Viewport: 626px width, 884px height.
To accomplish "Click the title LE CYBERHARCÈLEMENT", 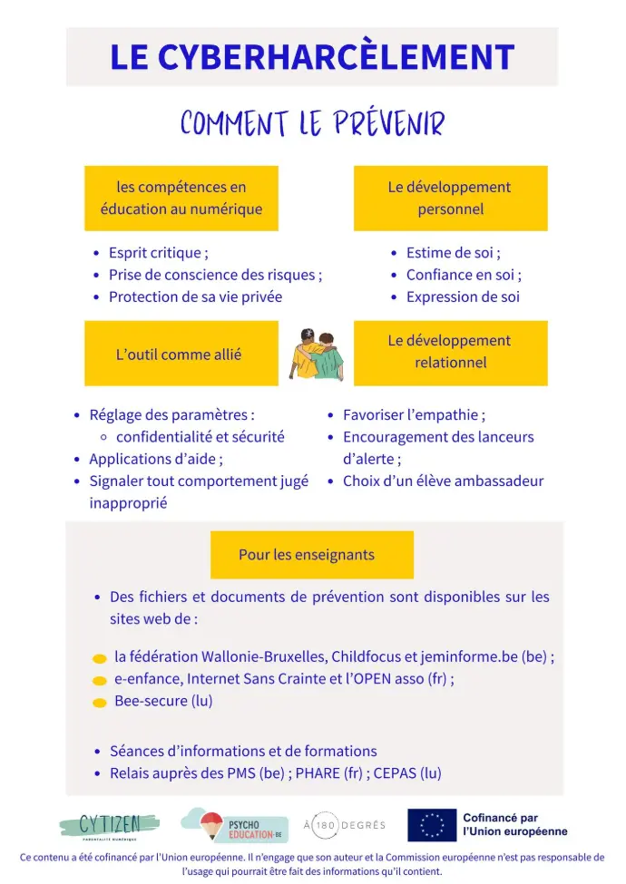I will (x=312, y=57).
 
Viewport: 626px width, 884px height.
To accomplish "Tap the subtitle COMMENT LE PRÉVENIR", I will (x=312, y=123).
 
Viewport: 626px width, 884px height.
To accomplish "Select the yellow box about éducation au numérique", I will (x=181, y=198).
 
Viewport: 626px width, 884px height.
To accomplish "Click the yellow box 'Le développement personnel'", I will (x=450, y=198).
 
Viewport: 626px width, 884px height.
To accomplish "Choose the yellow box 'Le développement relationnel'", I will (x=450, y=352).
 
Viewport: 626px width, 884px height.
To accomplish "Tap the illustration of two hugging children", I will (x=316, y=354).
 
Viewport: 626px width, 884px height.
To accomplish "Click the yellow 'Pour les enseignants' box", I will (x=311, y=555).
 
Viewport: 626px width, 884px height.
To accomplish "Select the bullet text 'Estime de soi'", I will (x=453, y=253).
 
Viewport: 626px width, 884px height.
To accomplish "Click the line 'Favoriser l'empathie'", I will (x=414, y=415).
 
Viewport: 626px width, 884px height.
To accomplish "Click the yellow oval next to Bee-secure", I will (x=100, y=702).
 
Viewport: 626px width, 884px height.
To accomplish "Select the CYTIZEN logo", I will (x=110, y=825).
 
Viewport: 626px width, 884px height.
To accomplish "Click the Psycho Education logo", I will (x=233, y=825).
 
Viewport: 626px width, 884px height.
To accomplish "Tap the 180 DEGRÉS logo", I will (x=344, y=825).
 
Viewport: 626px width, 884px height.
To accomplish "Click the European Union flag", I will (x=432, y=825).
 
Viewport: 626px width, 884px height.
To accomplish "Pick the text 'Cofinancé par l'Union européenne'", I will (x=514, y=825).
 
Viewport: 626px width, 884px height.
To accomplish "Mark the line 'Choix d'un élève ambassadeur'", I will (x=443, y=481).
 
